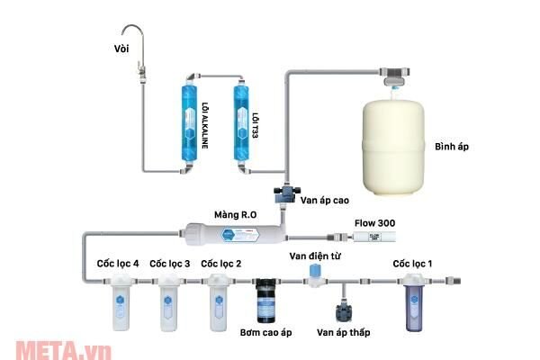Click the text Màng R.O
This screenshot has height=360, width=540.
click(x=237, y=215)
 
